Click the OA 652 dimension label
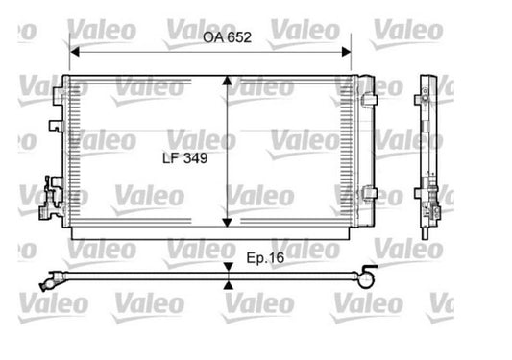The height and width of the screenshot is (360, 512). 228,37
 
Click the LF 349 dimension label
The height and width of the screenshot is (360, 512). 185,158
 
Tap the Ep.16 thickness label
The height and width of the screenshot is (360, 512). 265,258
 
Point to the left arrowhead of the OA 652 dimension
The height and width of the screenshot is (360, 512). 75,52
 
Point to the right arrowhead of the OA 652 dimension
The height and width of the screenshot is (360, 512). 346,52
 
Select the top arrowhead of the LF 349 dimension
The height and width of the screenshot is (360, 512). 227,81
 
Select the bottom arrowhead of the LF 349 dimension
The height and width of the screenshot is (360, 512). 227,223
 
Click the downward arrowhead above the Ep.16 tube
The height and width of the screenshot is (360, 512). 229,267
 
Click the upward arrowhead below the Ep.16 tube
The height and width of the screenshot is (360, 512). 229,285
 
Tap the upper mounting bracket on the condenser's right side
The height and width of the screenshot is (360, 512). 369,99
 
